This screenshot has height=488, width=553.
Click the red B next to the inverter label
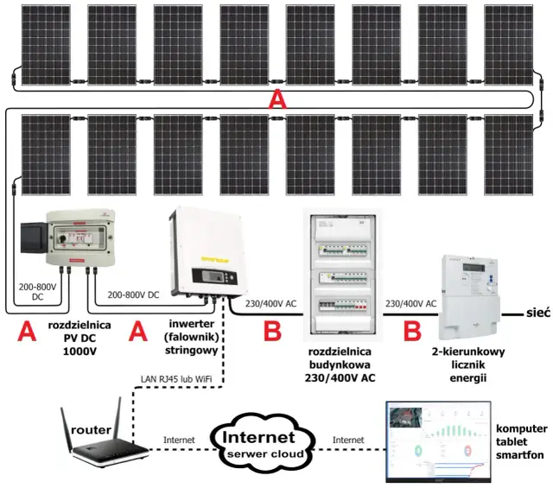[273, 331]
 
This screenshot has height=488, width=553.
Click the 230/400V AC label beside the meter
[410, 303]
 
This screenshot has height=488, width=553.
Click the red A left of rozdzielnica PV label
[28, 332]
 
